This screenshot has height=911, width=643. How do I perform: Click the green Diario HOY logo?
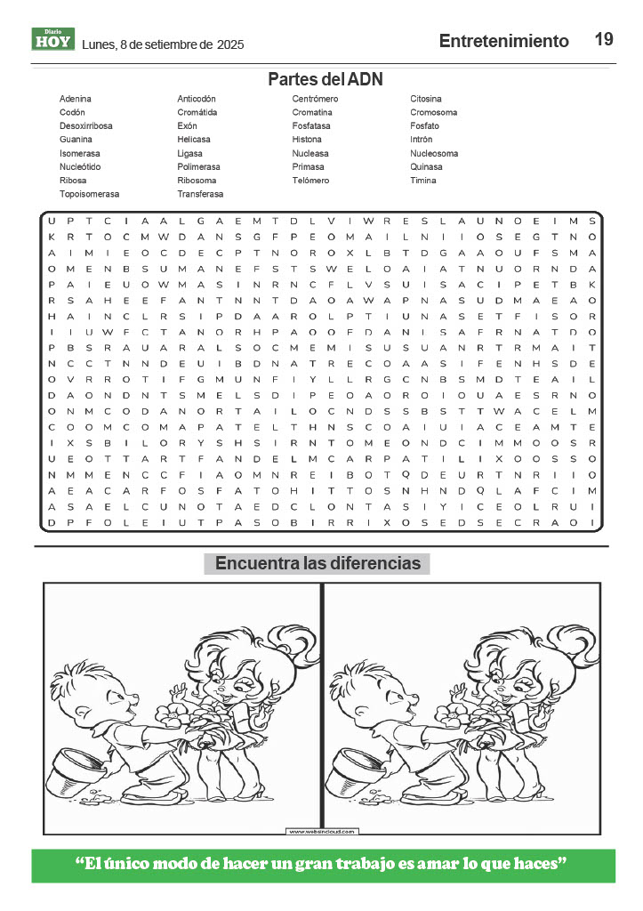point(53,39)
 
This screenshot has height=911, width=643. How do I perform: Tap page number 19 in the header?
point(604,39)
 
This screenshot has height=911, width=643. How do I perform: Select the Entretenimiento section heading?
point(503,41)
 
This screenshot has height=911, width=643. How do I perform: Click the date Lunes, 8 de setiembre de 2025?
point(163,44)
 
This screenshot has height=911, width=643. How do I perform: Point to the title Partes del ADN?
point(326,79)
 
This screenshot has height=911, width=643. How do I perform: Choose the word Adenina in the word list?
point(76,99)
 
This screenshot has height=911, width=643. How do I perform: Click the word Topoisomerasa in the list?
point(89,194)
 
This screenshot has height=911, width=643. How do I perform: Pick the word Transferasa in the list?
point(200,194)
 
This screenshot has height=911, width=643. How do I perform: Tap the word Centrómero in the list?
point(316,99)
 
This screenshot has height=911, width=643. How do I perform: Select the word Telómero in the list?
point(310,181)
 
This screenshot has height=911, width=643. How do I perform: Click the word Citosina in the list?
point(426,99)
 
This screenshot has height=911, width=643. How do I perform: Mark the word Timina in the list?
point(423,181)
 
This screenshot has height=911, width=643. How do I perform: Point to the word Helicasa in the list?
point(194,140)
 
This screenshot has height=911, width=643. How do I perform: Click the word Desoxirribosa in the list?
point(86,126)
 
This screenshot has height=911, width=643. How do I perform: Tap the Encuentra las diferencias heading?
point(317,563)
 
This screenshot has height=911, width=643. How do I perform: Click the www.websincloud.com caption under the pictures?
point(322,831)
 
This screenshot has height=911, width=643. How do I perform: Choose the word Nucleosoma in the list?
point(434,153)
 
